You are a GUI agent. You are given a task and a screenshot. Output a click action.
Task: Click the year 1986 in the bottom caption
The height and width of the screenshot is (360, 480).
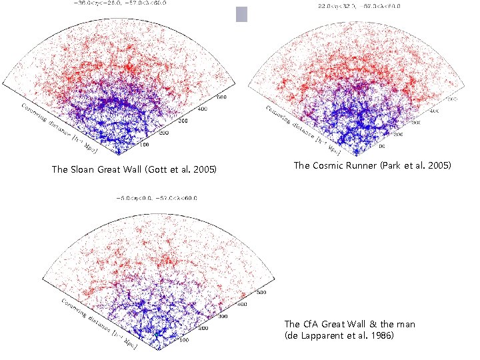click(x=383, y=335)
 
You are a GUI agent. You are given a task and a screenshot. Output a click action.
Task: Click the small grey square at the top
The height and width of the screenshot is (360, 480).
click(x=241, y=14)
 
